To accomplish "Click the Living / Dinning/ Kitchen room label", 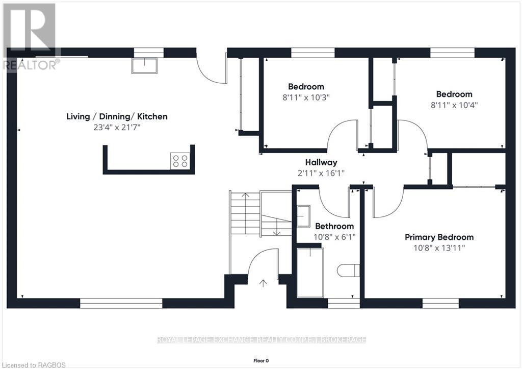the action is pyautogui.click(x=117, y=116).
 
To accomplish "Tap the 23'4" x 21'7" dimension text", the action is pyautogui.click(x=117, y=127).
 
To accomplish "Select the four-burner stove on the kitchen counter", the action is pyautogui.click(x=180, y=161).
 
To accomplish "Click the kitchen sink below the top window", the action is pyautogui.click(x=144, y=66).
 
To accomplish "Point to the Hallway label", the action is pyautogui.click(x=321, y=162).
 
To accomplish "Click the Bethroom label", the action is pyautogui.click(x=334, y=226).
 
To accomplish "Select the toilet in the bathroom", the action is pyautogui.click(x=348, y=270).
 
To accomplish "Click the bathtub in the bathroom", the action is pyautogui.click(x=310, y=273).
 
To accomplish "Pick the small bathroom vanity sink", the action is pyautogui.click(x=303, y=216).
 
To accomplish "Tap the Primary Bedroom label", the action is pyautogui.click(x=439, y=237).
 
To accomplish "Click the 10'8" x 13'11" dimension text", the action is pyautogui.click(x=439, y=248).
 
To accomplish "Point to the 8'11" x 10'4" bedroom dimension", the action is pyautogui.click(x=454, y=105).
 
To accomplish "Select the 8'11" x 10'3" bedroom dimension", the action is pyautogui.click(x=306, y=97).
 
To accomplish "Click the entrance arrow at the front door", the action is pyautogui.click(x=264, y=283).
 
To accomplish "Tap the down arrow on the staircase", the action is pyautogui.click(x=277, y=228).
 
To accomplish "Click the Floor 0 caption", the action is pyautogui.click(x=261, y=361).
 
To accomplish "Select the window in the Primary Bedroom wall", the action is pyautogui.click(x=440, y=303).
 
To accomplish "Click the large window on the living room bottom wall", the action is pyautogui.click(x=121, y=303).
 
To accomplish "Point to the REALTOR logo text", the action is pyautogui.click(x=31, y=65).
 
